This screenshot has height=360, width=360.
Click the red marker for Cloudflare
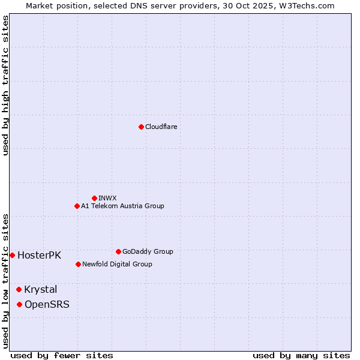pyautogui.click(x=141, y=127)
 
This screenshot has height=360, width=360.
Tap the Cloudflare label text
pyautogui.click(x=161, y=127)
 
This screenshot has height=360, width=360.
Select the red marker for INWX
pyautogui.click(x=94, y=198)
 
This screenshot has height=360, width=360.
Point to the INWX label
pyautogui.click(x=108, y=198)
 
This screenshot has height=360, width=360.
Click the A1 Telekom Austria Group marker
pyautogui.click(x=77, y=206)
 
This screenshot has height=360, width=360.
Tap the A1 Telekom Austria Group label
pyautogui.click(x=122, y=206)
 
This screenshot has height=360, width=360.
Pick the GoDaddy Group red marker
pyautogui.click(x=118, y=251)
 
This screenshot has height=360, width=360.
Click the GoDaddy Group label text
pyautogui.click(x=148, y=251)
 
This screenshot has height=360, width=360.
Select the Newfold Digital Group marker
pyautogui.click(x=78, y=264)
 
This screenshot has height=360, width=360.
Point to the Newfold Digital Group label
pyautogui.click(x=117, y=264)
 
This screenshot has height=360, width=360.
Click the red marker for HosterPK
pyautogui.click(x=12, y=255)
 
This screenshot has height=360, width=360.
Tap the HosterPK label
pyautogui.click(x=39, y=255)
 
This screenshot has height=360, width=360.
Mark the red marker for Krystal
pyautogui.click(x=19, y=289)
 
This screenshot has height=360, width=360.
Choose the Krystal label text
pyautogui.click(x=41, y=289)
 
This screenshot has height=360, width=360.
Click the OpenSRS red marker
pyautogui.click(x=19, y=304)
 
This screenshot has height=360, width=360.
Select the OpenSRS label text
pyautogui.click(x=47, y=304)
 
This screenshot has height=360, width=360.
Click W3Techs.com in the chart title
pyautogui.click(x=309, y=5)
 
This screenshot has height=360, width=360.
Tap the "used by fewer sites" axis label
pyautogui.click(x=62, y=355)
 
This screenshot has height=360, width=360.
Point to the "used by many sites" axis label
pyautogui.click(x=301, y=355)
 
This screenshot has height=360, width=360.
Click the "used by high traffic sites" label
pyautogui.click(x=5, y=85)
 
